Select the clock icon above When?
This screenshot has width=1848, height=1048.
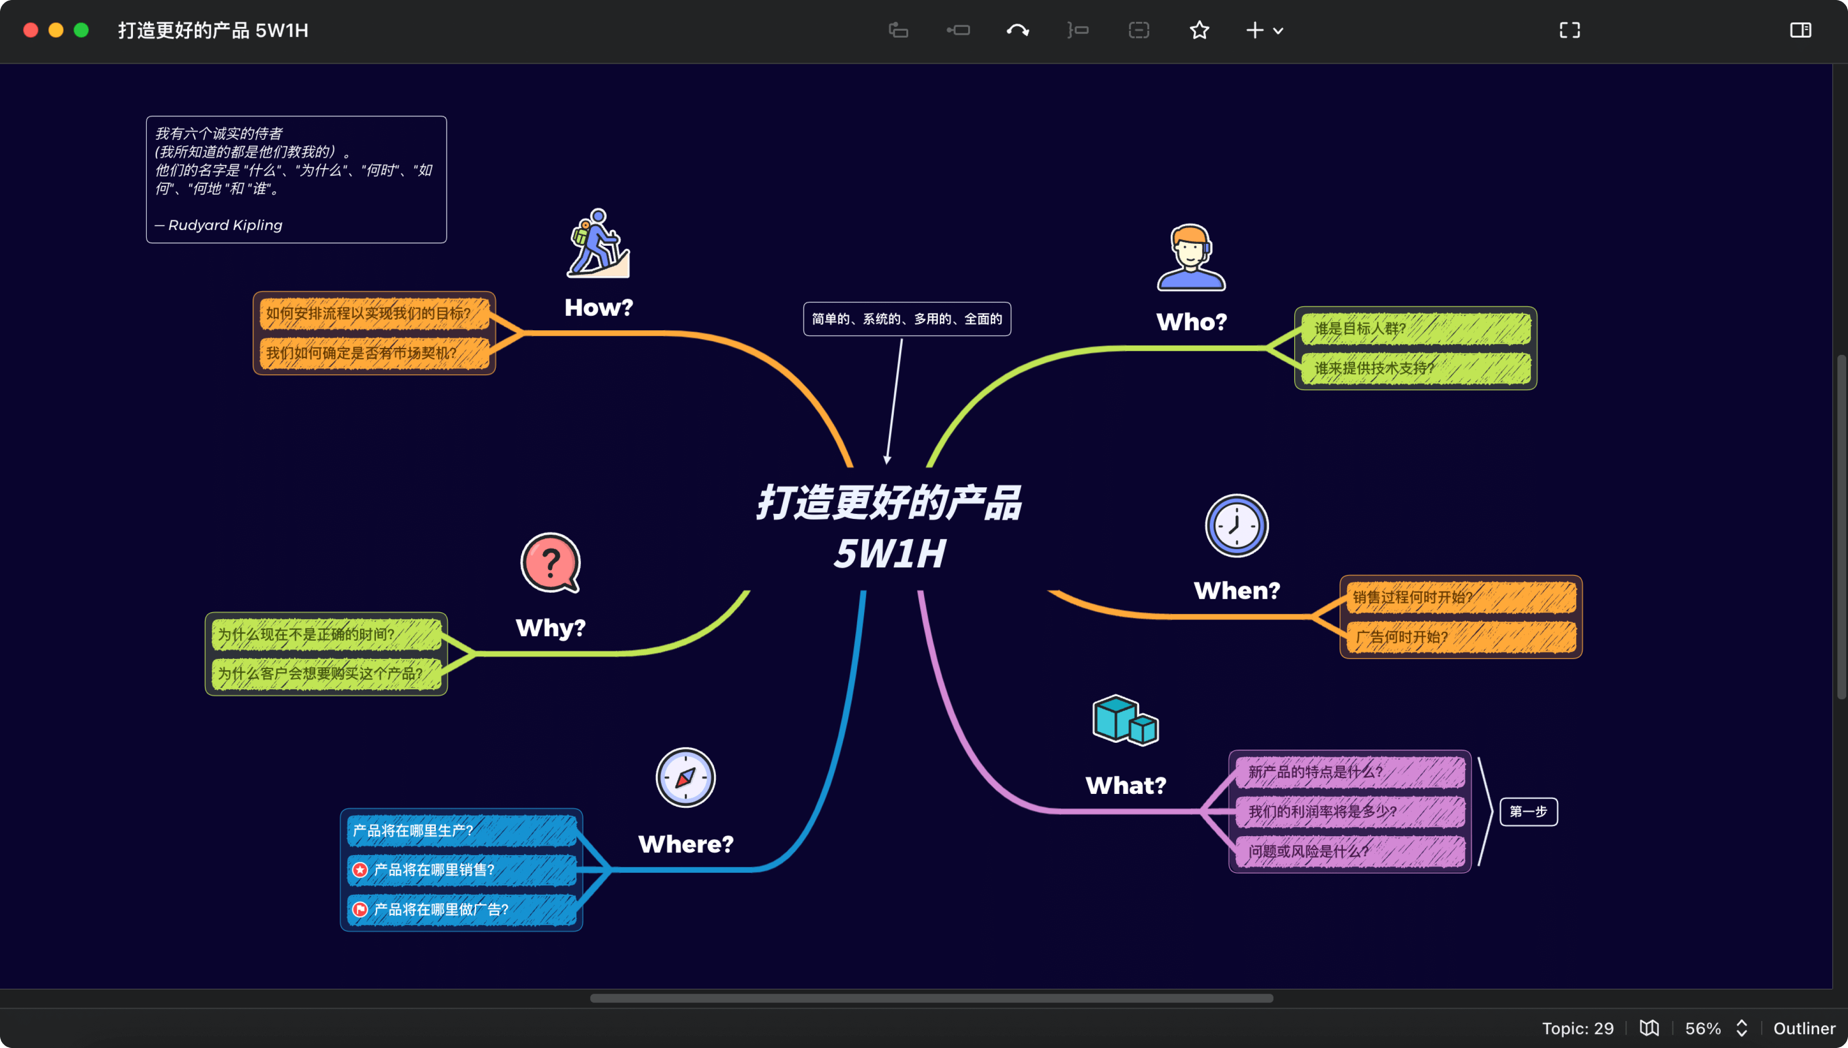(x=1236, y=525)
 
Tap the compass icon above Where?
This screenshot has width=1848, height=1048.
(x=685, y=777)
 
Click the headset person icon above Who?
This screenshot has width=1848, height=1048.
(x=1191, y=258)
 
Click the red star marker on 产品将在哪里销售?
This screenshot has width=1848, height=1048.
(x=360, y=870)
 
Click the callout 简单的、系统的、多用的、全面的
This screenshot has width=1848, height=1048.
(x=907, y=319)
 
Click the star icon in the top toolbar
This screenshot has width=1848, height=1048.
(x=1199, y=30)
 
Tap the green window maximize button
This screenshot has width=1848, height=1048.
(x=81, y=30)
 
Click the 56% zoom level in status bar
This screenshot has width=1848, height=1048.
(x=1703, y=1028)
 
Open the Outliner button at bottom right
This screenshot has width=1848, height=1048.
(x=1803, y=1028)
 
